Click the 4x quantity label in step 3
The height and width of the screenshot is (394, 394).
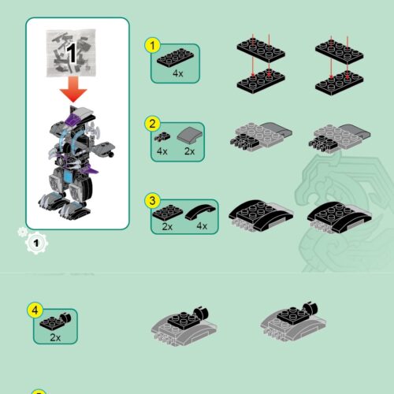pyautogui.click(x=202, y=226)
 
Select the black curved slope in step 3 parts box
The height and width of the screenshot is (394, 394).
pyautogui.click(x=202, y=210)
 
